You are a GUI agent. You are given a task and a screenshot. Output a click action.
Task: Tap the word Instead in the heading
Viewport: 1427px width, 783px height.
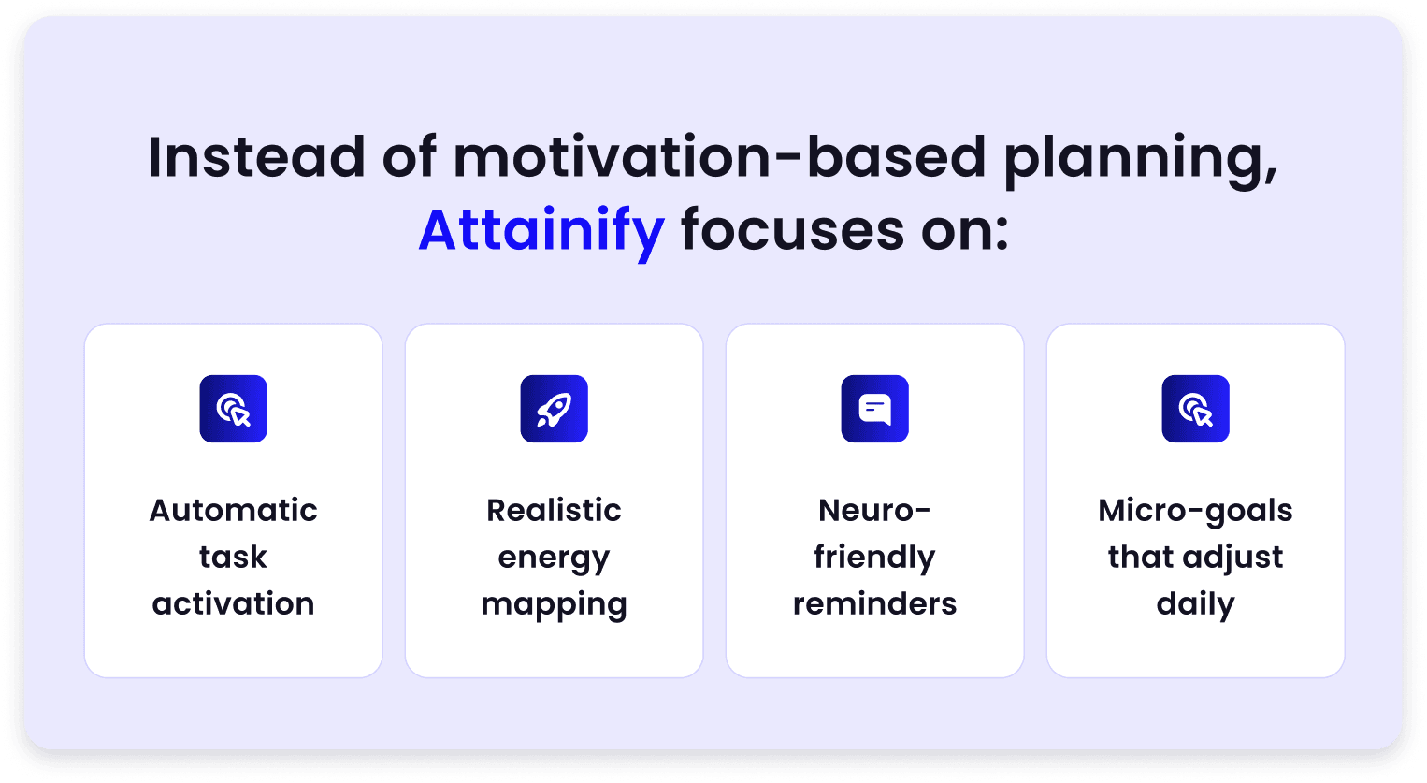click(x=257, y=157)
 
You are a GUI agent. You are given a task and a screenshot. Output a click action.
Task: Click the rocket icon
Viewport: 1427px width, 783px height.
click(x=554, y=409)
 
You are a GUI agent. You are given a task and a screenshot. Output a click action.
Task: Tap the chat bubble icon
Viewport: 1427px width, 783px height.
click(x=874, y=409)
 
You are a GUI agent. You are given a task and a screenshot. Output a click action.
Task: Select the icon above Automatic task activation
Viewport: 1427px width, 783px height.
click(x=233, y=409)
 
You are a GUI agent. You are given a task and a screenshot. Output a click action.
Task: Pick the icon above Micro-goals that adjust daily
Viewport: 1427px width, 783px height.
click(x=1195, y=409)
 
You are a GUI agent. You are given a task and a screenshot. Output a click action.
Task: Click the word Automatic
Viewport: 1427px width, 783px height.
click(x=233, y=511)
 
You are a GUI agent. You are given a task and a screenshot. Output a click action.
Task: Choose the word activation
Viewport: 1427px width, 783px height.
click(x=233, y=604)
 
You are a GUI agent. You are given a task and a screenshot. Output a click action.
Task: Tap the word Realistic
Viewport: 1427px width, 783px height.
click(x=554, y=511)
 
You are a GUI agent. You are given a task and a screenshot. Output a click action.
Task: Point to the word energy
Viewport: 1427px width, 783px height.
click(x=554, y=559)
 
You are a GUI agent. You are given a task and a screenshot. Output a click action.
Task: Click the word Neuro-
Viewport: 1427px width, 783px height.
click(x=874, y=511)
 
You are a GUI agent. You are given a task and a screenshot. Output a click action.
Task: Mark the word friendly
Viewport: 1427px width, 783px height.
click(x=874, y=558)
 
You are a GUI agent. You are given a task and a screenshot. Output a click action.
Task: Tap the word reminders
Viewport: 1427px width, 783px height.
click(x=874, y=604)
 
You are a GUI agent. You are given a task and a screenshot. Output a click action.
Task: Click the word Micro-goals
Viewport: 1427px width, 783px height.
click(x=1195, y=512)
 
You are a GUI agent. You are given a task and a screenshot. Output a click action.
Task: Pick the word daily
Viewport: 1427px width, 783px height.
click(x=1195, y=604)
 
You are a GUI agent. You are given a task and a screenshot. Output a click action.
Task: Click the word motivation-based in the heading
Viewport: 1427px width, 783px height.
click(x=720, y=157)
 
